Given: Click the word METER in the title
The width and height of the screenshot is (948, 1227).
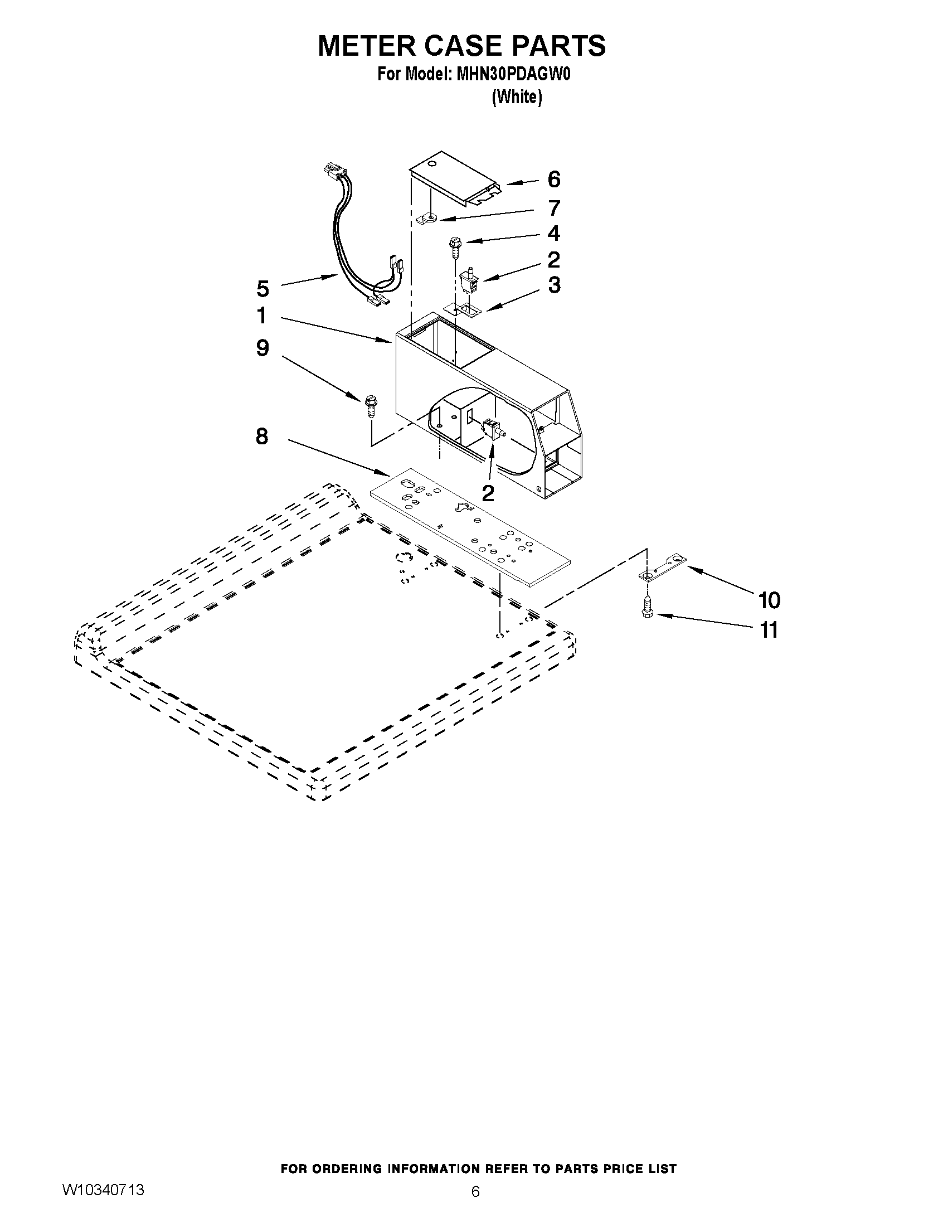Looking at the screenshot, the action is [368, 46].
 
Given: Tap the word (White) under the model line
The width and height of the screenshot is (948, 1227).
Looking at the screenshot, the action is [517, 97].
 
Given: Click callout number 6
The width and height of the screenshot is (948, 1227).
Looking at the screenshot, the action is [554, 180].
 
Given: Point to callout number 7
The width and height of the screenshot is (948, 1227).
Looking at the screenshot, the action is [555, 208].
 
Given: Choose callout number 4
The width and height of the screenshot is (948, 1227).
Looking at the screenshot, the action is [554, 233].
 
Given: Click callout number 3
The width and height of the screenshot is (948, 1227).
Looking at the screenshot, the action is [554, 285].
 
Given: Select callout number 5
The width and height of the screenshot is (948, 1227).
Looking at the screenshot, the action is [262, 289].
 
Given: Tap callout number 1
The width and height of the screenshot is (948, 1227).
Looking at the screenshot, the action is [262, 316].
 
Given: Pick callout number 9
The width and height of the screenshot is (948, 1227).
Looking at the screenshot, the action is [262, 348].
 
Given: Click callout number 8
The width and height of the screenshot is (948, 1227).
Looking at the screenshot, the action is [262, 436].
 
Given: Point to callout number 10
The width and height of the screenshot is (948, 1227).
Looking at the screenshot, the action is [769, 600].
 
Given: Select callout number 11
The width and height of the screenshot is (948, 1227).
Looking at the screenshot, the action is [769, 631].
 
